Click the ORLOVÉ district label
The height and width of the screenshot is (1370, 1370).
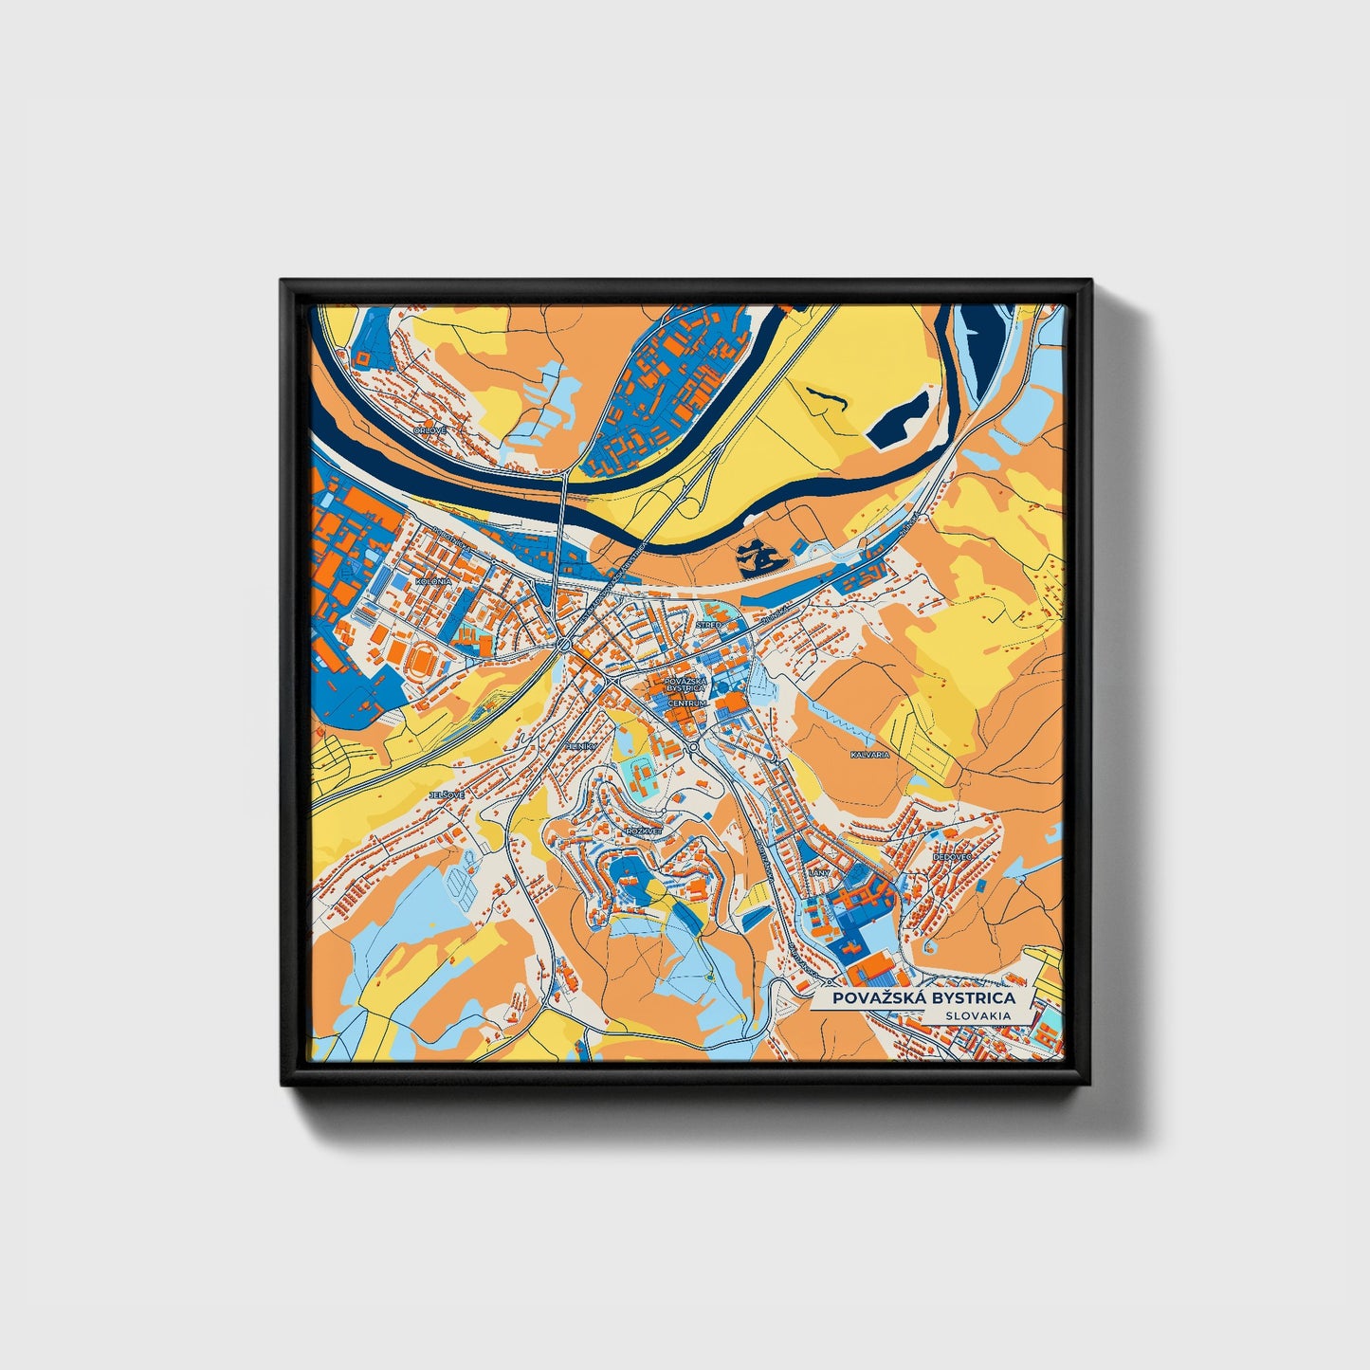[x=429, y=430]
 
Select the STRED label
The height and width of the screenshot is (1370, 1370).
[x=707, y=626]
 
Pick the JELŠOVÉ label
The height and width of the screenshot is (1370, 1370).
[x=448, y=794]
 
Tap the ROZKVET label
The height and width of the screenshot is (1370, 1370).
[x=640, y=831]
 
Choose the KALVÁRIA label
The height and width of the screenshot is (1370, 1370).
[x=870, y=755]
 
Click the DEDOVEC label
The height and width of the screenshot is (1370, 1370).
[x=953, y=856]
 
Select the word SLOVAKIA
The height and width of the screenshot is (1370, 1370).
[x=977, y=1015]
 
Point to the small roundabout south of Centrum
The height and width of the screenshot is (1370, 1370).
[x=695, y=748]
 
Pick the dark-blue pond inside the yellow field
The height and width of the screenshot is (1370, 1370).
[x=898, y=418]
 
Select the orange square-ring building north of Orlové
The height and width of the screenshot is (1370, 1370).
[x=362, y=357]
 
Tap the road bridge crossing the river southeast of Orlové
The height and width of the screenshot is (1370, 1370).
[x=563, y=494]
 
